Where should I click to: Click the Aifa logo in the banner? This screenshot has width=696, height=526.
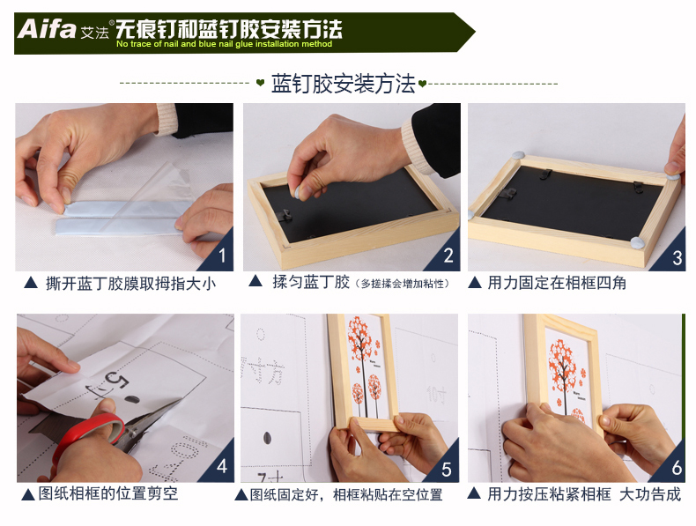46,29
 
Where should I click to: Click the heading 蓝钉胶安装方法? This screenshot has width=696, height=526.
343,84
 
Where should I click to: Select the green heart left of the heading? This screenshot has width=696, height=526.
261,83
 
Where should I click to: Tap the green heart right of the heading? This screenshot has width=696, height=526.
422,83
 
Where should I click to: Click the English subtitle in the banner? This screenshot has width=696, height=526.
224,44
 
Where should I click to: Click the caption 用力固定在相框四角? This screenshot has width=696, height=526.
557,283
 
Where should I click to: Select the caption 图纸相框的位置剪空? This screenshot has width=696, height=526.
107,493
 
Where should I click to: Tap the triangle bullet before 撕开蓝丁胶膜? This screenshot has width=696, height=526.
31,282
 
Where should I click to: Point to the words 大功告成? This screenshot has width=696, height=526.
650,494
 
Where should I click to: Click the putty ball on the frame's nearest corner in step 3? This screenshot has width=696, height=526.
638,242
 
